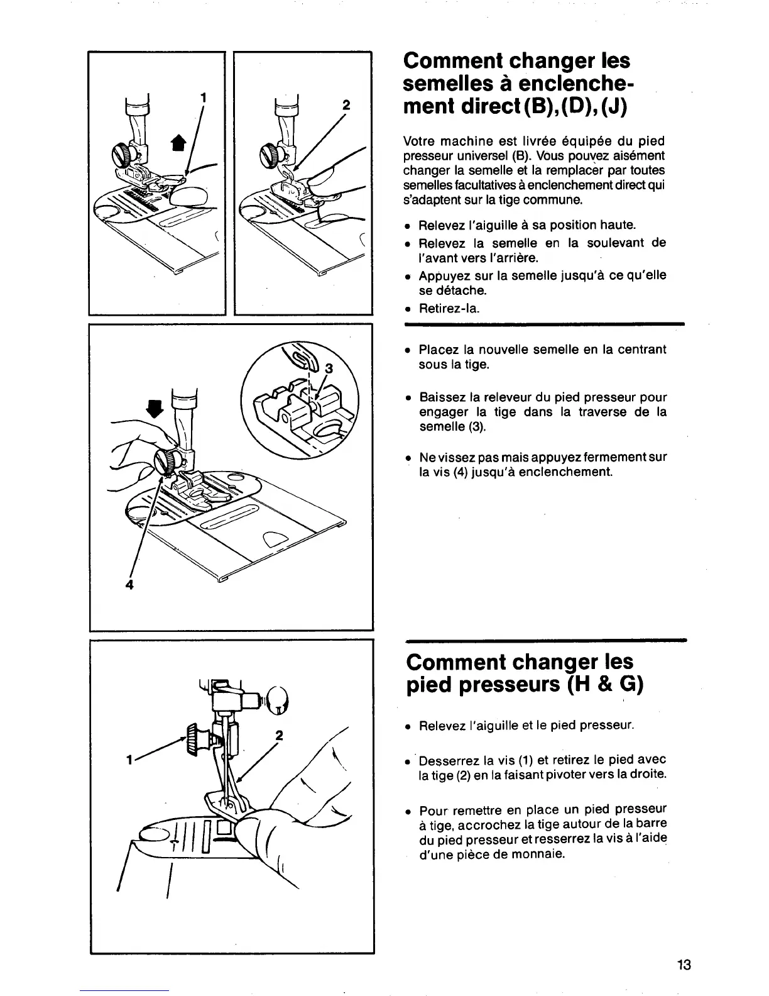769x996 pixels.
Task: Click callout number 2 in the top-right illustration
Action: coord(345,104)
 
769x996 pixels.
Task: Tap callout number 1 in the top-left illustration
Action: coord(203,97)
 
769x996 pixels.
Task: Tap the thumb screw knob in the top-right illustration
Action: coord(270,153)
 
